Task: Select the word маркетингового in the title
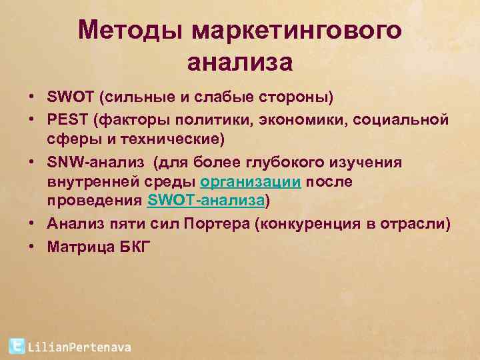pyautogui.click(x=297, y=31)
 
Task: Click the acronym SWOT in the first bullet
pyautogui.click(x=71, y=98)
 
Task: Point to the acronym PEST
pyautogui.click(x=68, y=119)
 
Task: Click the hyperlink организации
pyautogui.click(x=251, y=182)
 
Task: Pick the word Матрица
pyautogui.click(x=77, y=247)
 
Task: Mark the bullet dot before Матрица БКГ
pyautogui.click(x=31, y=246)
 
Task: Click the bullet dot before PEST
pyautogui.click(x=31, y=119)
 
